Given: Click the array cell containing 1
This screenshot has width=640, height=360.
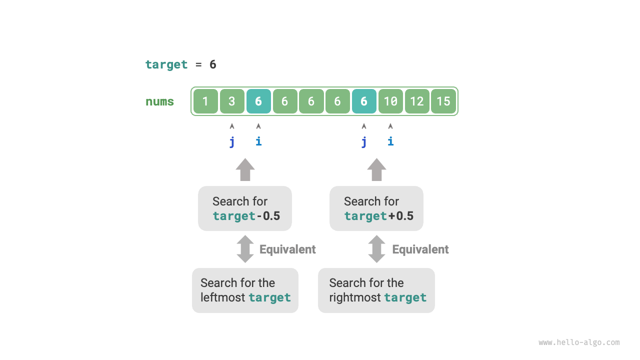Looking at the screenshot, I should [205, 101].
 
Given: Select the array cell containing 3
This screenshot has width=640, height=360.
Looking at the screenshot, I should [232, 101].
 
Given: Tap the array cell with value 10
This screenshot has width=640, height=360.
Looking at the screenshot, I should [390, 101].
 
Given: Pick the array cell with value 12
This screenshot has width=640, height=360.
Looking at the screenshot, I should [417, 101].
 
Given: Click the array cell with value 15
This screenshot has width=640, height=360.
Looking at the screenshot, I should [443, 101].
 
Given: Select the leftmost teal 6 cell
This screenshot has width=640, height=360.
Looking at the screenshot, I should [258, 101].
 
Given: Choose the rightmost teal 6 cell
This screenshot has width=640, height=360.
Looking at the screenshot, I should [364, 101].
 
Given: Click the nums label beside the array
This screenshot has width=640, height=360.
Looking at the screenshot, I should [159, 101].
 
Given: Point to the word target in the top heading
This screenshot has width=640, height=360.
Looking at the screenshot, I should [166, 64].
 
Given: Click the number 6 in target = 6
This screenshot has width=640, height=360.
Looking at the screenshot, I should [213, 64].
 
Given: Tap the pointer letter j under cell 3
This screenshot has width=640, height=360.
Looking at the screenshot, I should [232, 141].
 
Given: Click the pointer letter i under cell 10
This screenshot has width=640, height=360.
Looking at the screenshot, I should [390, 141].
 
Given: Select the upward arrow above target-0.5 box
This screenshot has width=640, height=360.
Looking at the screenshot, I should [245, 169].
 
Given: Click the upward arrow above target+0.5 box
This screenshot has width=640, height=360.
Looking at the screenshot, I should [376, 169].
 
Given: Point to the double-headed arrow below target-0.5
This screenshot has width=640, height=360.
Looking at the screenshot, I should [245, 249].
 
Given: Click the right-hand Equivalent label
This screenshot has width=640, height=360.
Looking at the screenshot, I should [420, 249].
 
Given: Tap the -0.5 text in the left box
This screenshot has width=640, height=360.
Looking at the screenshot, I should [268, 216].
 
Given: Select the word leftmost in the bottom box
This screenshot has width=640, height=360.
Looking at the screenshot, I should [223, 297].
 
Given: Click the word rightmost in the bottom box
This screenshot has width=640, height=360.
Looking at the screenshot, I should [355, 297].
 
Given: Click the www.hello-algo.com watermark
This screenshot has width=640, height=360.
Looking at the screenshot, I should [579, 342].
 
